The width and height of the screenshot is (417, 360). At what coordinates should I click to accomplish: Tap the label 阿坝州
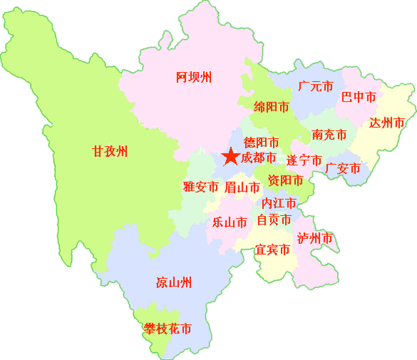tap(194, 77)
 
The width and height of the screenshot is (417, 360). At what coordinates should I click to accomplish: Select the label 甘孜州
tap(109, 151)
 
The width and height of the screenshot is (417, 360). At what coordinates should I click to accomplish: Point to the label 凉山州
tap(174, 282)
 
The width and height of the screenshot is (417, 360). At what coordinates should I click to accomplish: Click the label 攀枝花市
tap(168, 329)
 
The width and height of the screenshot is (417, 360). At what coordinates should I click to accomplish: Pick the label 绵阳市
tap(272, 107)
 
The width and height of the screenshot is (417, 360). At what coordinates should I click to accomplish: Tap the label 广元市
tap(315, 86)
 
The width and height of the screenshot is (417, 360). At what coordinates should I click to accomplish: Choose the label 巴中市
tap(359, 97)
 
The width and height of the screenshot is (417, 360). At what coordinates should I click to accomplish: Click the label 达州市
tap(387, 122)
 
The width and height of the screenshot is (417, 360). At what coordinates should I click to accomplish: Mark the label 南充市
tap(329, 135)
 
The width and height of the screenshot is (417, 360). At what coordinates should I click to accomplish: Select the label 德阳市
tap(261, 143)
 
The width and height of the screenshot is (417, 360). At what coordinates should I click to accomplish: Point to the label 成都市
tap(259, 158)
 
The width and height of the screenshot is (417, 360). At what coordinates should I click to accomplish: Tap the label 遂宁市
tap(304, 160)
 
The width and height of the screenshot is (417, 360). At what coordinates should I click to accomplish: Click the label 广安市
tap(343, 168)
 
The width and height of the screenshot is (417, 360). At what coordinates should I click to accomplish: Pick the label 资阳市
tap(285, 179)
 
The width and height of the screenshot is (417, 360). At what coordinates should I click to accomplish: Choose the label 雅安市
tap(200, 187)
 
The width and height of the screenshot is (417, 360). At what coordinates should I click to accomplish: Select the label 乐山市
tap(230, 222)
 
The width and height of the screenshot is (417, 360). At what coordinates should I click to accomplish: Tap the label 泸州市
tap(315, 238)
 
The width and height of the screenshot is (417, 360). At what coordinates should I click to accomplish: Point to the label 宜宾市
tap(272, 250)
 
